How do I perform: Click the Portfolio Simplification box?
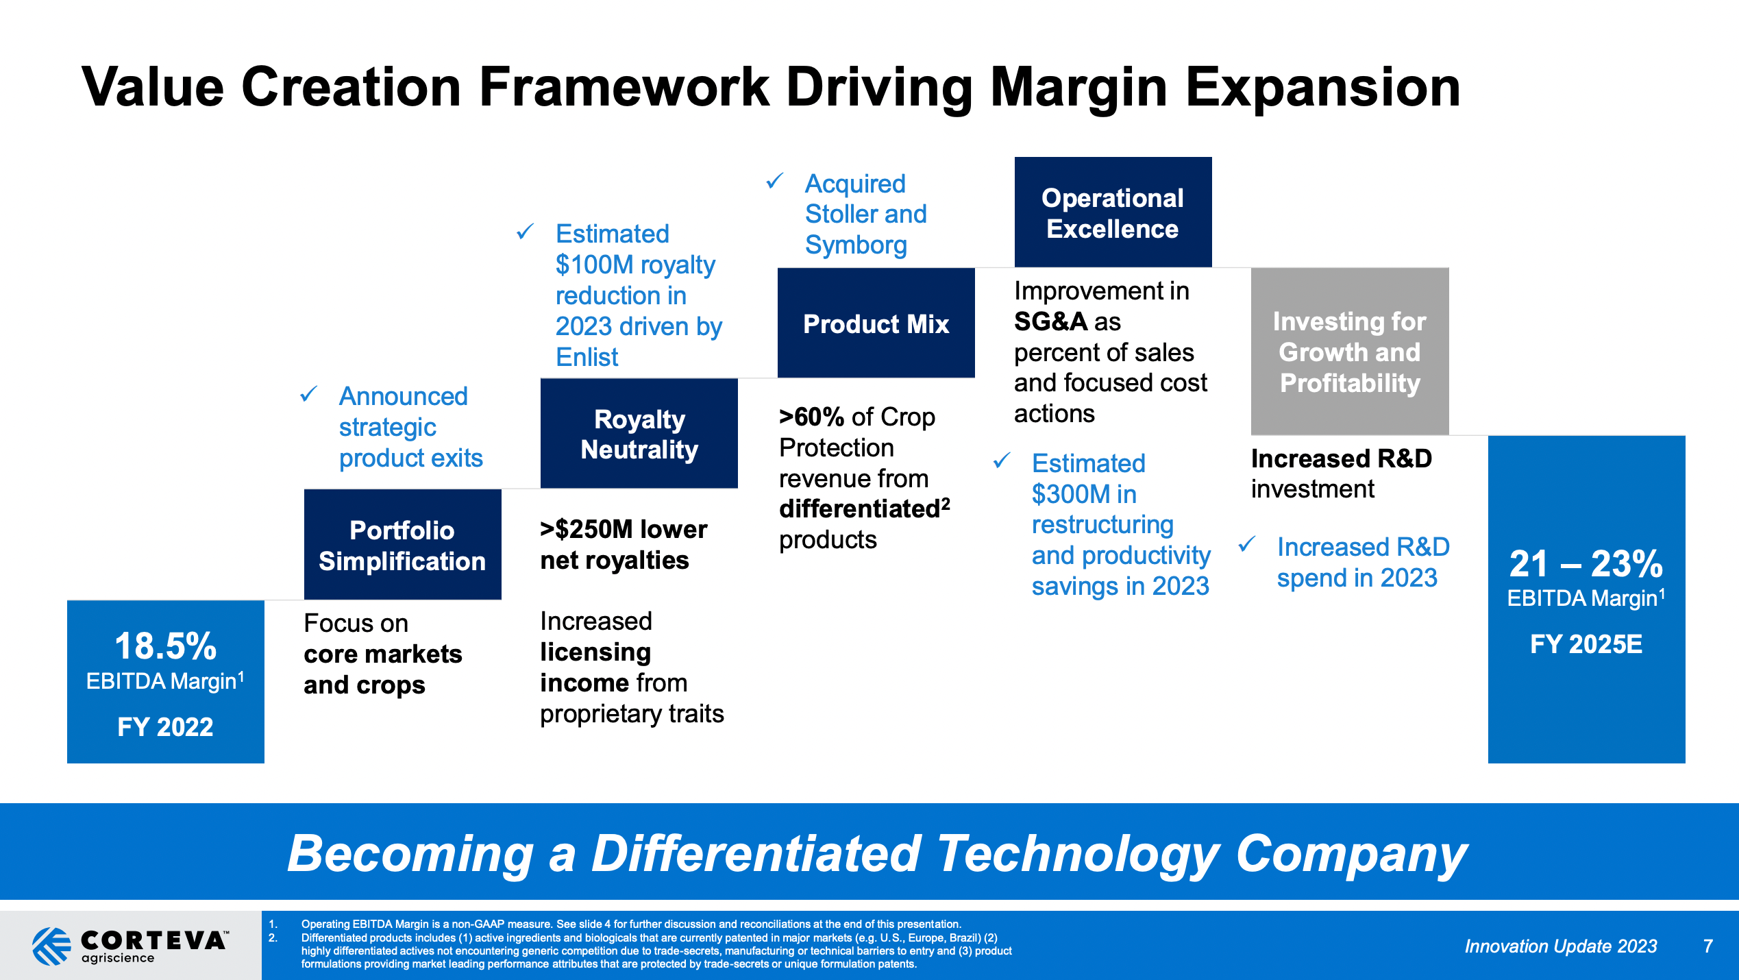pos(402,545)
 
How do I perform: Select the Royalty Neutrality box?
pos(639,434)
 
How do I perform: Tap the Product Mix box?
pos(876,323)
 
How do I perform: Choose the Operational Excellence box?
pos(1112,212)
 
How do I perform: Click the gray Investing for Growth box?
pos(1349,352)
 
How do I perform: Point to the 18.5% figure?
pos(165,646)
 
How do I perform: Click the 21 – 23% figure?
pos(1586,564)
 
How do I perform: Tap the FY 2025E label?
pos(1586,644)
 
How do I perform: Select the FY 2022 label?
pos(165,727)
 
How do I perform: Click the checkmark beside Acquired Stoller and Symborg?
pos(774,182)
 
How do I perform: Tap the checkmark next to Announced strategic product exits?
pos(308,394)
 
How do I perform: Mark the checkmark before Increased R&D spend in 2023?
pos(1246,545)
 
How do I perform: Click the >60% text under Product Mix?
pos(811,417)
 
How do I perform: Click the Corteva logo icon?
pos(51,946)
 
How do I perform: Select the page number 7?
pos(1707,946)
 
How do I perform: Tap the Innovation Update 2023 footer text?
pos(1560,946)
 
